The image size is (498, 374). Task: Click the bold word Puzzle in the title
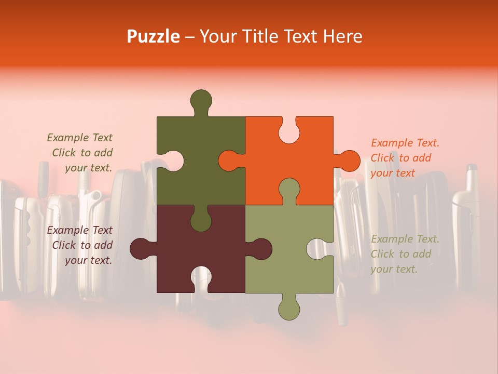(x=154, y=36)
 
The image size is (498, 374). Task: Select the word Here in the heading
(x=343, y=36)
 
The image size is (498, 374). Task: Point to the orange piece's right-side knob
(x=348, y=161)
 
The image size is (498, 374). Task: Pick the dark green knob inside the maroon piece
(x=201, y=219)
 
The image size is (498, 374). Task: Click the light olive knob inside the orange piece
(x=289, y=190)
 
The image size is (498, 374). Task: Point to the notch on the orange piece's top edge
(x=289, y=130)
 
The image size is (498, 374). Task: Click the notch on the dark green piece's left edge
(x=171, y=161)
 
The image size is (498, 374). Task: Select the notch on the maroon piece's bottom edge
(x=201, y=279)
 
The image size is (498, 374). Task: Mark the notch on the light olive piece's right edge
(x=319, y=249)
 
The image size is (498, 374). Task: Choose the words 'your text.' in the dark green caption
(x=89, y=168)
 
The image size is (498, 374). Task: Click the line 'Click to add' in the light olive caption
(x=401, y=254)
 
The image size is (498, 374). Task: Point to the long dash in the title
(x=190, y=37)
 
